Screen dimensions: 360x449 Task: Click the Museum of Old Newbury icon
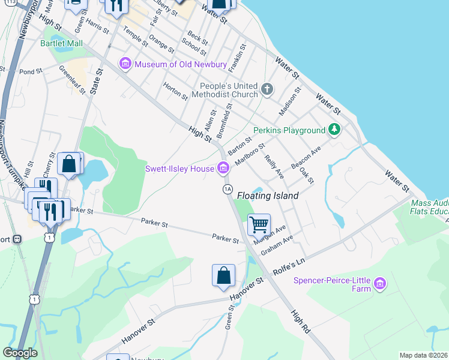[x=125, y=64]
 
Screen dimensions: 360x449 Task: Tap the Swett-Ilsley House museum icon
[x=223, y=169]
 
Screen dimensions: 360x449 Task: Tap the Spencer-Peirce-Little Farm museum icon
[x=379, y=283]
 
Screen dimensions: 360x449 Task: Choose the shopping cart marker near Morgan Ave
[x=259, y=225]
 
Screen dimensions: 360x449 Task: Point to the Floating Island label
[x=268, y=196]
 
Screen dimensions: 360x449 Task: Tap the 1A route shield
[x=227, y=190]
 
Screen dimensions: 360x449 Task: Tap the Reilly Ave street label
[x=274, y=166]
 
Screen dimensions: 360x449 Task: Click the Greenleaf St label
[x=70, y=76]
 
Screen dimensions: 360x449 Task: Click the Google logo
[x=20, y=353]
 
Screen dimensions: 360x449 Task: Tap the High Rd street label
[x=301, y=322]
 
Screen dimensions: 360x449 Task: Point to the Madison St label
[x=289, y=101]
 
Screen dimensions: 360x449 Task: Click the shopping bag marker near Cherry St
[x=70, y=164]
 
